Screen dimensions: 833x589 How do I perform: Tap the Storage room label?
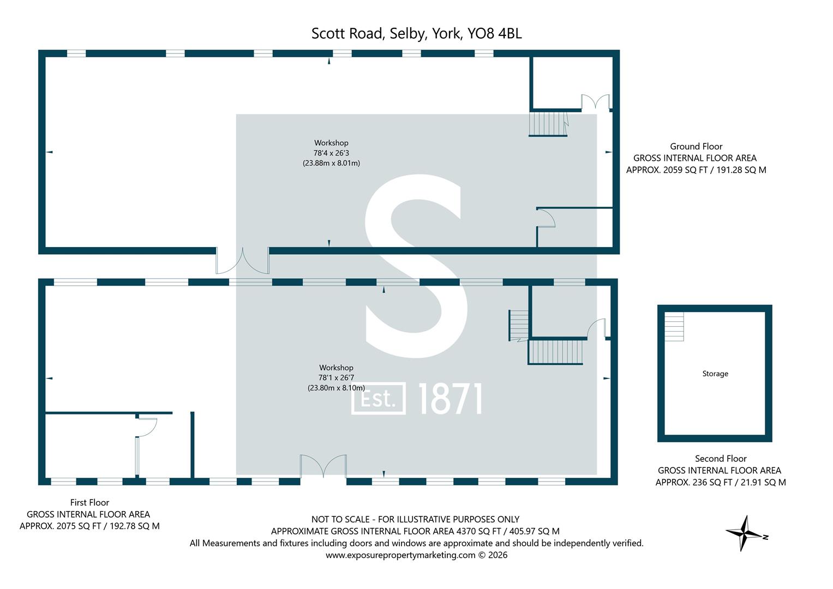coord(715,374)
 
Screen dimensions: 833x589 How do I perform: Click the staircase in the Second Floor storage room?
coord(674,327)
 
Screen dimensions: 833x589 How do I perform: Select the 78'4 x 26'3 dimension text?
coord(331,153)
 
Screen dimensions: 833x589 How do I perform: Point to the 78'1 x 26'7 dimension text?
coord(336,377)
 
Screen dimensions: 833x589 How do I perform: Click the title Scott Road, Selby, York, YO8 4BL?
coord(417,33)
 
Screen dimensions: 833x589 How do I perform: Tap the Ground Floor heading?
coord(696,147)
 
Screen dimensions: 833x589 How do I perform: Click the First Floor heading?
coord(89,503)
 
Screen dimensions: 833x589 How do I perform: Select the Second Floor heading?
coord(721,459)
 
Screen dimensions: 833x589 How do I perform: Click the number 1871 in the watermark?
coord(451,399)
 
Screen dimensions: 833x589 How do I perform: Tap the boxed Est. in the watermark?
coord(378,399)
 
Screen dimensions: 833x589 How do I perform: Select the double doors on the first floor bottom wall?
coord(323,467)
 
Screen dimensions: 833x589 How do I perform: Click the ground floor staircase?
coord(548,124)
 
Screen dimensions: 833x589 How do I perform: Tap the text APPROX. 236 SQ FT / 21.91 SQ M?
coord(721,482)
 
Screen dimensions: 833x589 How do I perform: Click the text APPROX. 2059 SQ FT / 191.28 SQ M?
coord(696,170)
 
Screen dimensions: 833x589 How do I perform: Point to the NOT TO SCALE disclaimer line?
coord(415,519)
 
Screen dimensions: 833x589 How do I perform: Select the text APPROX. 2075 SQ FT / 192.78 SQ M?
coord(89,526)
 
